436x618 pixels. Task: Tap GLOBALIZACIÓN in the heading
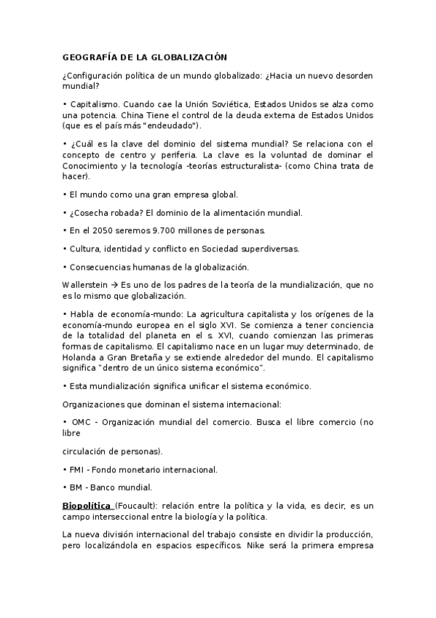pos(191,56)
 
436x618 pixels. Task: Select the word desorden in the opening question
pos(352,74)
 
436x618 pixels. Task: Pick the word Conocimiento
pos(93,165)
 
